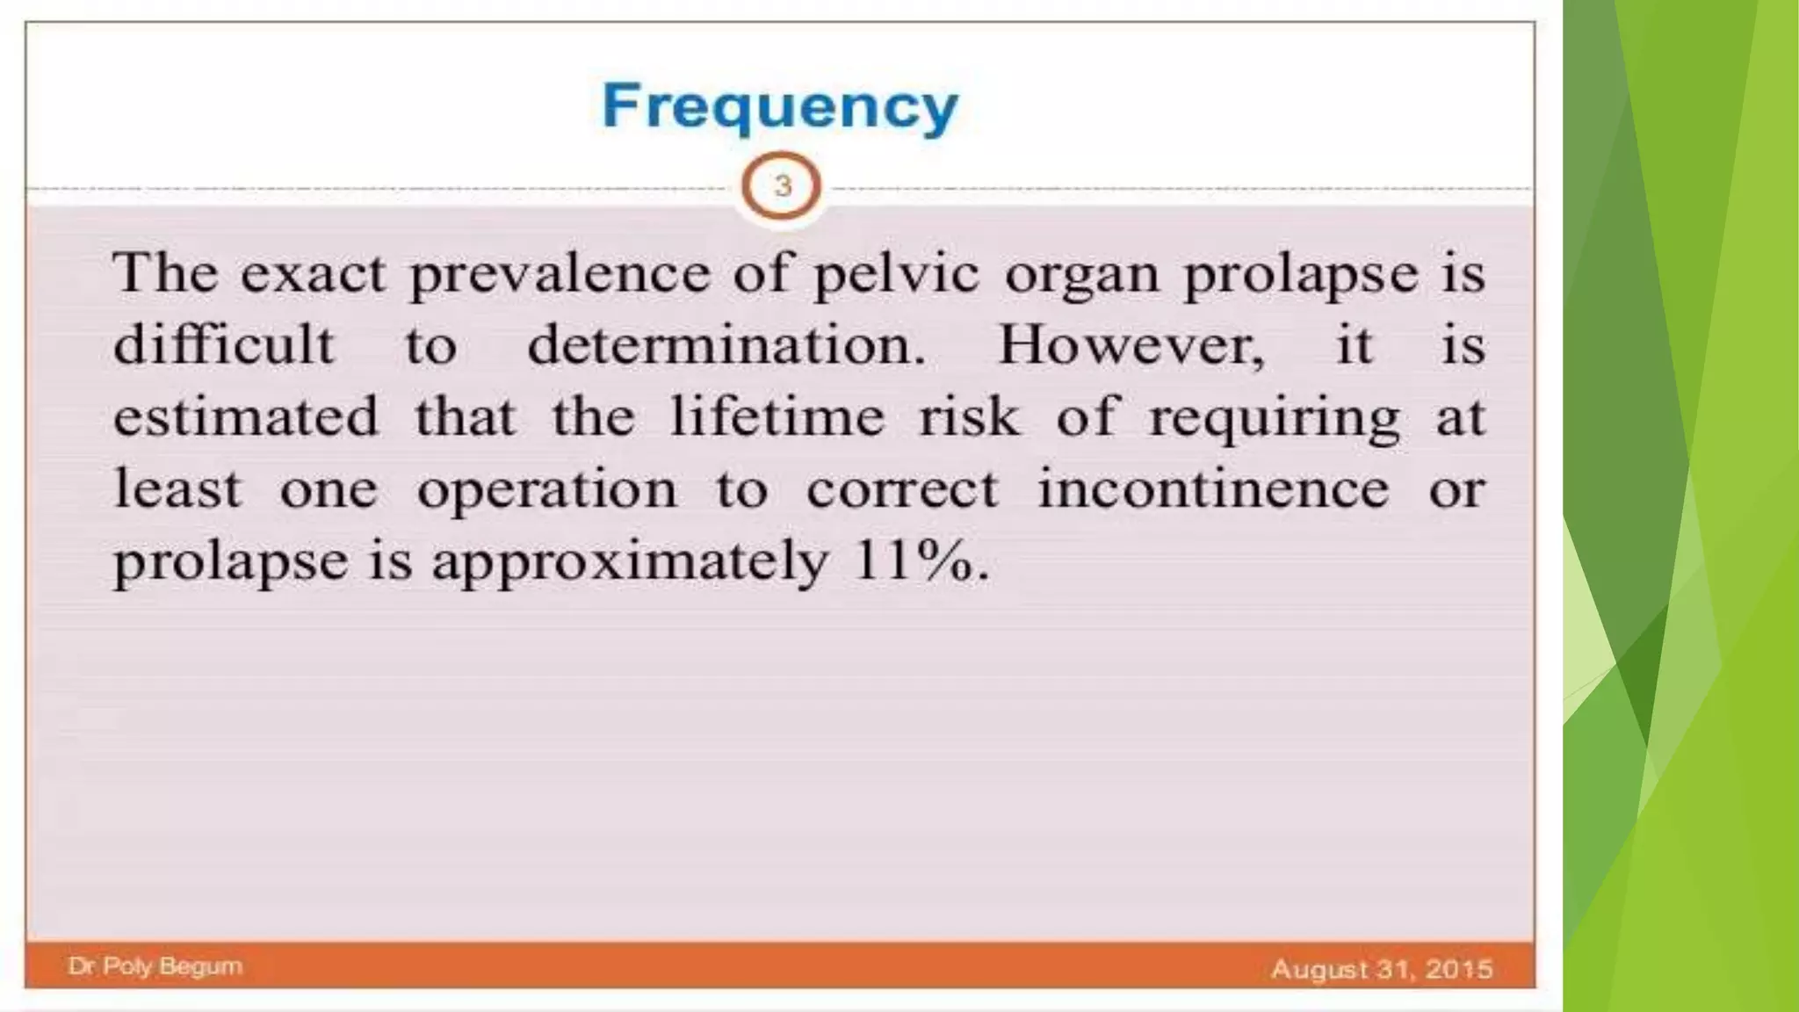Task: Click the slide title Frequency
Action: click(780, 107)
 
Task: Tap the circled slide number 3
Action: click(782, 186)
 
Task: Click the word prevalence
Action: click(560, 275)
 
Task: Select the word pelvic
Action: click(895, 275)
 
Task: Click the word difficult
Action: click(224, 344)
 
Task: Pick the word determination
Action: click(726, 344)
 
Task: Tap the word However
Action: click(1131, 344)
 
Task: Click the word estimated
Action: click(246, 416)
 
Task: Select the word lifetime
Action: click(777, 416)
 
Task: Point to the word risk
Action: click(970, 416)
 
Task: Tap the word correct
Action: click(902, 489)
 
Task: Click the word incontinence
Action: click(1213, 488)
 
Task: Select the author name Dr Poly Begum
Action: click(155, 966)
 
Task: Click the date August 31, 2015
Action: click(1382, 969)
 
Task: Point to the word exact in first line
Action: click(313, 273)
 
